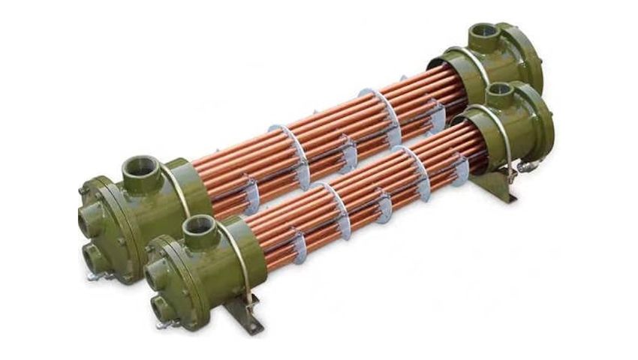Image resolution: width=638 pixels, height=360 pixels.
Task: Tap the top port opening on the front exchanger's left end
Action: pos(199,223)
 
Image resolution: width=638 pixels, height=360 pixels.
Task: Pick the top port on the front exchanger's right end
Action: pos(498,91)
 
